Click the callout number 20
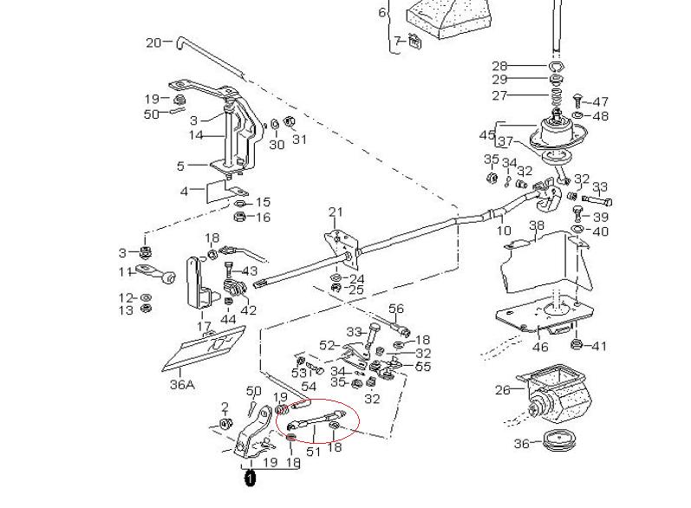click(153, 42)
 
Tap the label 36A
click(180, 384)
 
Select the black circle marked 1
click(250, 478)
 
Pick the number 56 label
click(396, 309)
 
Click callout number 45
click(486, 134)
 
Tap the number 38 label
click(537, 226)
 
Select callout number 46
click(540, 347)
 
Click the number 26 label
click(503, 390)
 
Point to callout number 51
click(314, 451)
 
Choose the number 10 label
click(503, 231)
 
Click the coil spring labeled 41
click(575, 347)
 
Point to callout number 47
click(601, 102)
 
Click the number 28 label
click(524, 66)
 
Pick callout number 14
click(197, 135)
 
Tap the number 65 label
click(423, 367)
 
